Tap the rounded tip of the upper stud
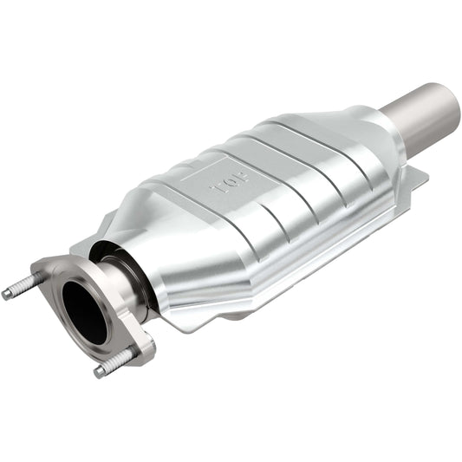pos(6,295)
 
